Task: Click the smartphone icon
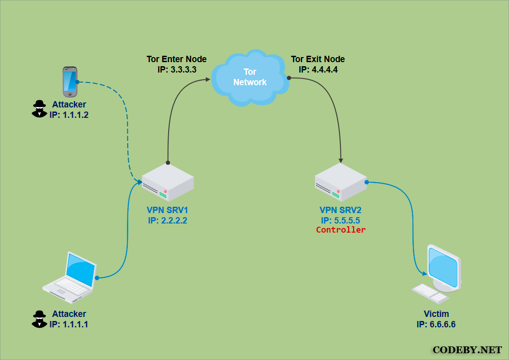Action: pos(70,82)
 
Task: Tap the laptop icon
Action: pos(70,277)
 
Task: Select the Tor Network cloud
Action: pos(250,78)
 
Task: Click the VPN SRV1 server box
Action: pos(168,182)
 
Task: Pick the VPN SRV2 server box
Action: pos(341,182)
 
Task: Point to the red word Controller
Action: pos(341,230)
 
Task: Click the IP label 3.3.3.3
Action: pos(177,69)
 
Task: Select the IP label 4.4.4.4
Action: pos(318,69)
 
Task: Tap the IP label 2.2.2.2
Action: pos(168,220)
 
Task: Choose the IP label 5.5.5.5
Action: pos(340,220)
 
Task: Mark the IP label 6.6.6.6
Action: pos(436,324)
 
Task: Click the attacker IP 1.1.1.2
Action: pos(69,115)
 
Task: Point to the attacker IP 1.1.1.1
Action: pos(69,324)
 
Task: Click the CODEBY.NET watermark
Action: pos(467,350)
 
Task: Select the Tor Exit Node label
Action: pos(318,59)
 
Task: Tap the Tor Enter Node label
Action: pos(177,59)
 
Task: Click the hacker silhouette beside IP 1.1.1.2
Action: pos(39,109)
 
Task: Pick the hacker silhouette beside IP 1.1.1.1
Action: pos(39,319)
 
